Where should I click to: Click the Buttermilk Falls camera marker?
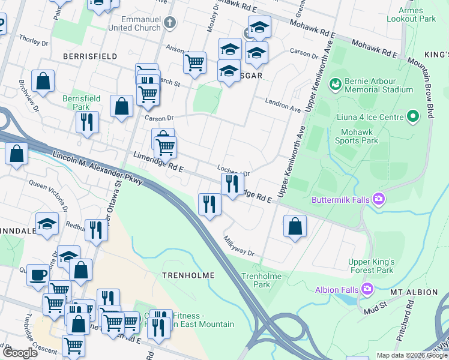click(x=379, y=199)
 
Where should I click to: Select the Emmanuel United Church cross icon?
click(x=170, y=23)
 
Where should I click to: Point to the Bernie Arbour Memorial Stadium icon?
click(x=335, y=83)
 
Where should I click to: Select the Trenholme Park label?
click(x=256, y=280)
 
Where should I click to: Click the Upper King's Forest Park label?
click(x=372, y=266)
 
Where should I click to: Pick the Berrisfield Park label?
click(x=82, y=102)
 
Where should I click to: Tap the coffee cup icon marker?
click(x=38, y=274)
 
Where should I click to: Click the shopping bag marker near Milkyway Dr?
click(x=295, y=226)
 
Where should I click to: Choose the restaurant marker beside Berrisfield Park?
click(x=87, y=122)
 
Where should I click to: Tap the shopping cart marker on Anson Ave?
click(x=194, y=62)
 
